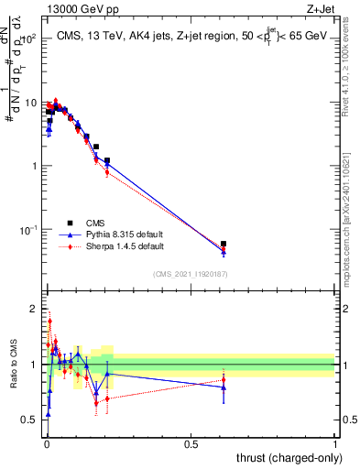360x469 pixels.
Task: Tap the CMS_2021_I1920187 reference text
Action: coord(190,274)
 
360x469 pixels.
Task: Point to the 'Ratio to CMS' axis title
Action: coord(15,365)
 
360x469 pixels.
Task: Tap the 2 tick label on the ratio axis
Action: coord(33,309)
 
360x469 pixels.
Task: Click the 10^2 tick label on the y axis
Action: coord(27,39)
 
